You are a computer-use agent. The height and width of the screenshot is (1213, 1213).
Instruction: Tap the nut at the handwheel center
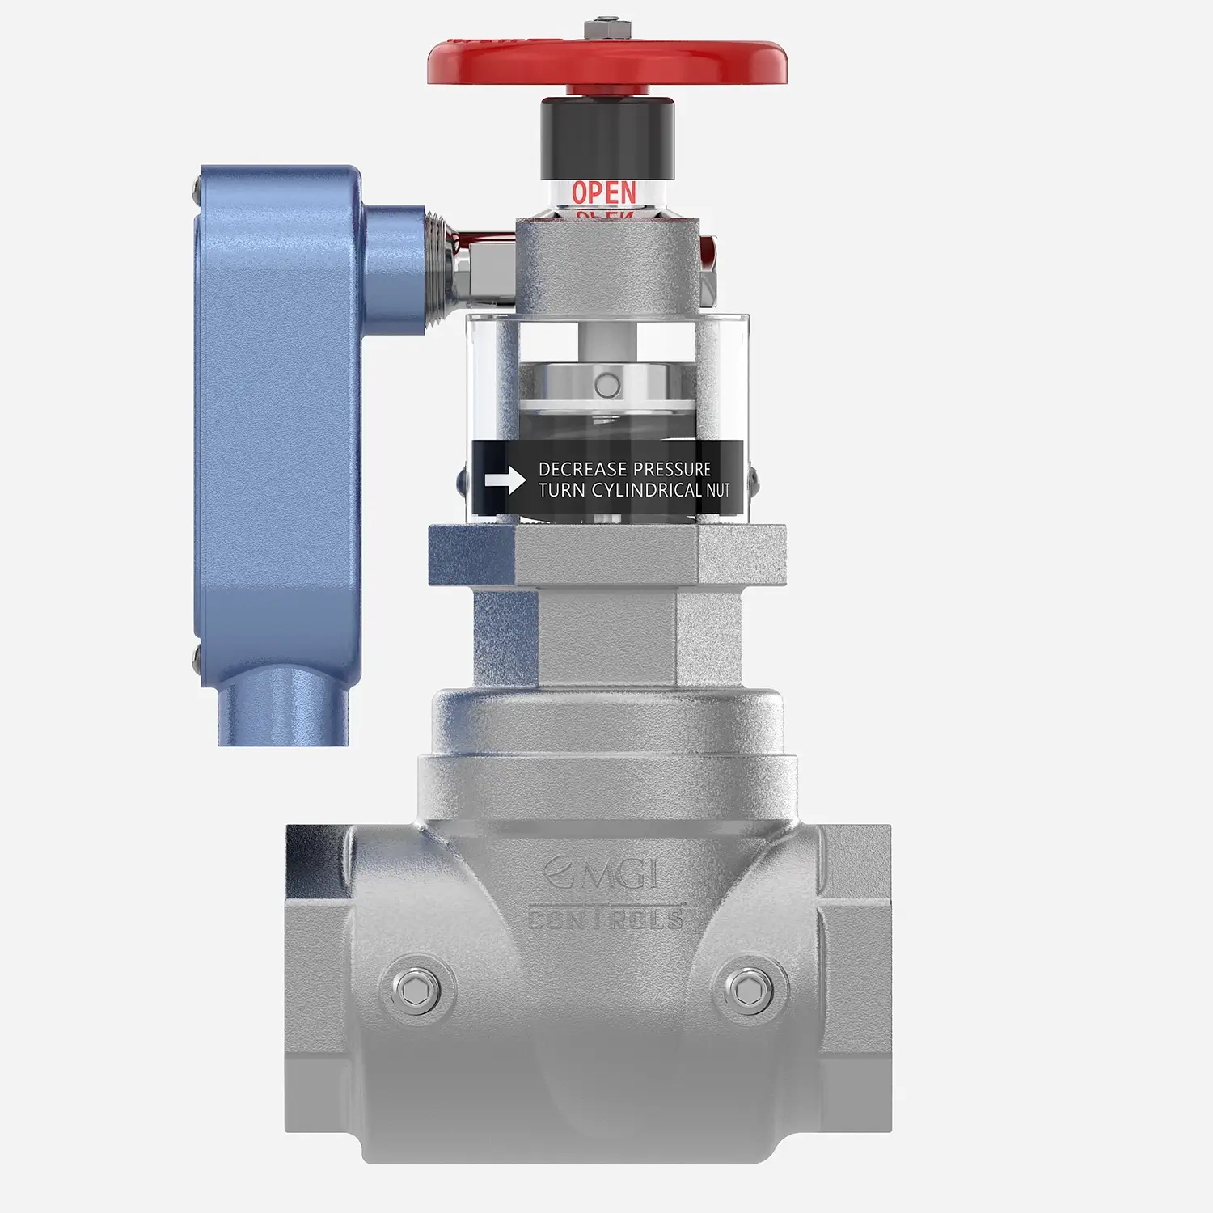pyautogui.click(x=607, y=28)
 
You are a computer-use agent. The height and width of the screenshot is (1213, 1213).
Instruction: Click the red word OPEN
pyautogui.click(x=603, y=192)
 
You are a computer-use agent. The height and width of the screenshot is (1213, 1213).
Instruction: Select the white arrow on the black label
pyautogui.click(x=505, y=480)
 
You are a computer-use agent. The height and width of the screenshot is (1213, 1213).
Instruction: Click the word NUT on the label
pyautogui.click(x=718, y=490)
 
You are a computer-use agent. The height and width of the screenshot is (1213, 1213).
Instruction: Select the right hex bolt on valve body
pyautogui.click(x=745, y=988)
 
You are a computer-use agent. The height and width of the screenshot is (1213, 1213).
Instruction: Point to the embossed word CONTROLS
pyautogui.click(x=606, y=918)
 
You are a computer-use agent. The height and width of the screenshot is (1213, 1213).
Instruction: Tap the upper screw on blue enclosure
pyautogui.click(x=197, y=192)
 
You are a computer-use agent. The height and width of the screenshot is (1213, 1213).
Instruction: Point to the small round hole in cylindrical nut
pyautogui.click(x=606, y=385)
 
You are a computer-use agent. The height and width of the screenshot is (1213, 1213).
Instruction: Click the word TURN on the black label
pyautogui.click(x=562, y=490)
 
